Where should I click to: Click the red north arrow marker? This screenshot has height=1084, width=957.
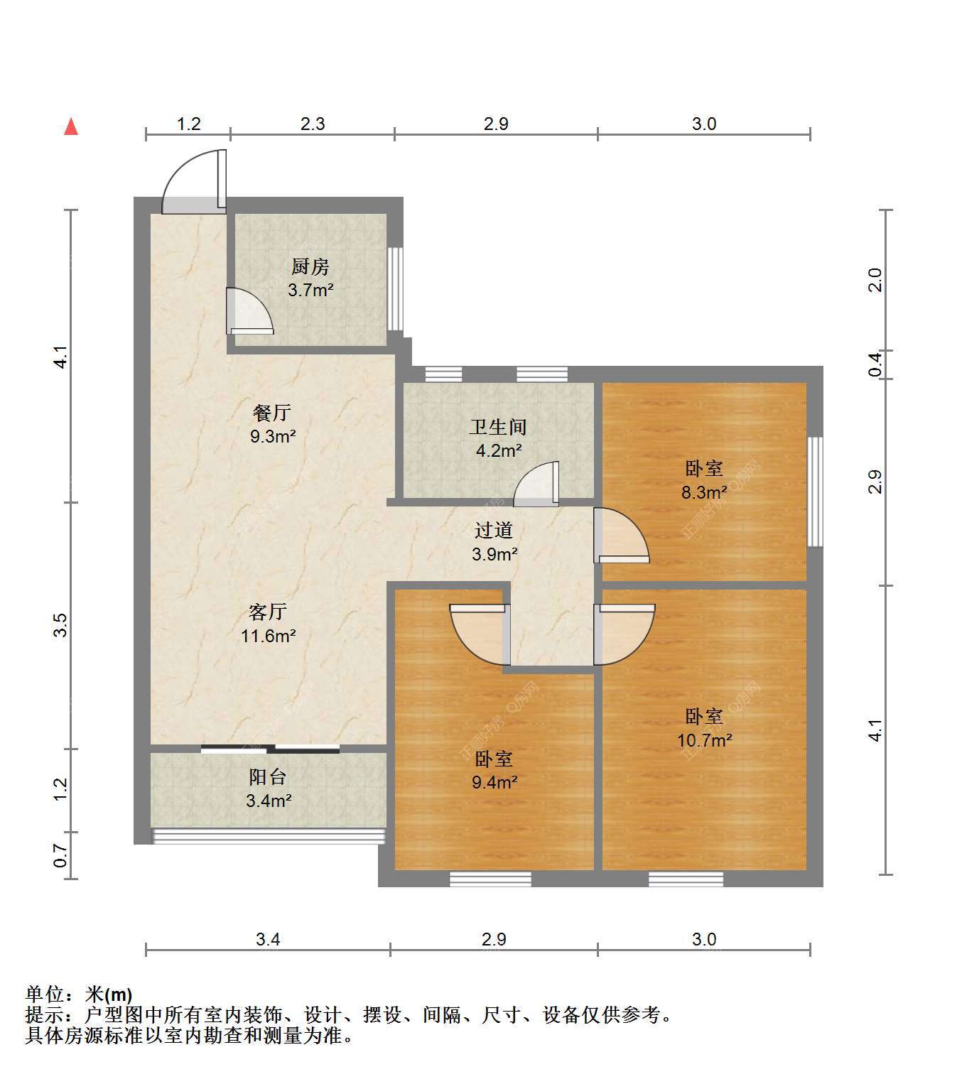[71, 127]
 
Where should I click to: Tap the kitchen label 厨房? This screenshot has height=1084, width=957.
[310, 266]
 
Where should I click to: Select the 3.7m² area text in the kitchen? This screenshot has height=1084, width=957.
[310, 290]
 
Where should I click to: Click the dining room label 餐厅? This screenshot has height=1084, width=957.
[272, 413]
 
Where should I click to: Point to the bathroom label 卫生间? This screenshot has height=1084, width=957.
[498, 426]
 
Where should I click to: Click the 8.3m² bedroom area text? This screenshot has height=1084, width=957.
[704, 492]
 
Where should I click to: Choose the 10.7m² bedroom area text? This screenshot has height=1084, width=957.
[704, 740]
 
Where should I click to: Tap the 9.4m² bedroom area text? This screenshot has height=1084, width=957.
[494, 782]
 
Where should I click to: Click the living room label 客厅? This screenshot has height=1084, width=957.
[268, 612]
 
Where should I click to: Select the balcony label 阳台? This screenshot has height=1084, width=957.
[268, 777]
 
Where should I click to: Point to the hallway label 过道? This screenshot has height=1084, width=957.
[494, 530]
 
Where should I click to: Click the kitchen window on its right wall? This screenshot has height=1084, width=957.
[395, 288]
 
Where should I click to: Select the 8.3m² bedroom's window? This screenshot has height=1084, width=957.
[815, 492]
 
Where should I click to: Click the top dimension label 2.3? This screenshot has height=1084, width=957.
[312, 124]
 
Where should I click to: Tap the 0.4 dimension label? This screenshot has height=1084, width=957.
[875, 364]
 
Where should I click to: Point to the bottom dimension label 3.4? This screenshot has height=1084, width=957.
[268, 939]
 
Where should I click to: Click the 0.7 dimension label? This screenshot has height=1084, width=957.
[60, 855]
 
